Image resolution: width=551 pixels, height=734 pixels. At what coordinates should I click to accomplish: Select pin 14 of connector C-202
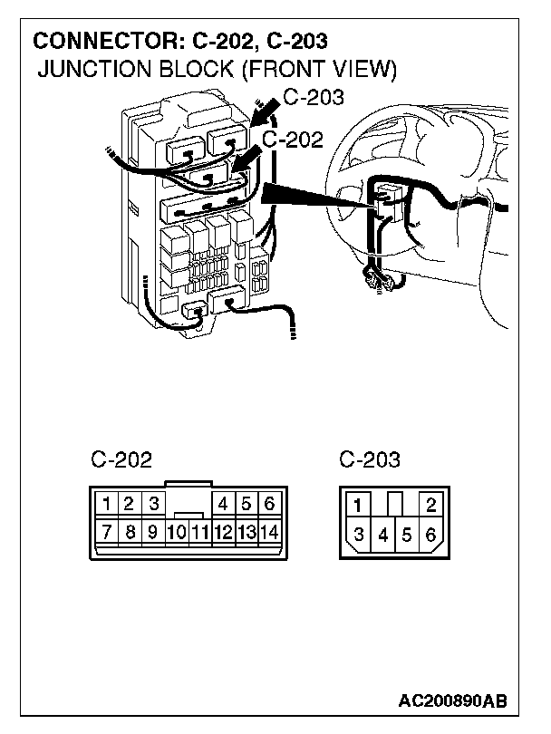click(269, 532)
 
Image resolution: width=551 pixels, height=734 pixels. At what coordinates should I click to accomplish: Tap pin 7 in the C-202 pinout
click(107, 532)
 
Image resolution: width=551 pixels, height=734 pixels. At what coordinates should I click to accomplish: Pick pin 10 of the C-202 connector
click(178, 532)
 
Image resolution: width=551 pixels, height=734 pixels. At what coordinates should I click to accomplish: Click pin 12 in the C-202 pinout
click(223, 532)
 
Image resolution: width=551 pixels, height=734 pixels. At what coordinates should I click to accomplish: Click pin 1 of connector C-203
click(360, 506)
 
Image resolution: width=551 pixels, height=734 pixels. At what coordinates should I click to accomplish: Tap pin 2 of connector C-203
click(430, 506)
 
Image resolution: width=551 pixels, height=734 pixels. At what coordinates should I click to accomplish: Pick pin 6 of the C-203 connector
click(430, 535)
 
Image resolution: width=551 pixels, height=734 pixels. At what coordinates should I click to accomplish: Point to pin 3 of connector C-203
click(360, 535)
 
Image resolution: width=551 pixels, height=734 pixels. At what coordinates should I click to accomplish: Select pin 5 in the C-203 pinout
click(407, 535)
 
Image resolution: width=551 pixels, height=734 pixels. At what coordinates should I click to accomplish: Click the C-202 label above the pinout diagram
click(121, 460)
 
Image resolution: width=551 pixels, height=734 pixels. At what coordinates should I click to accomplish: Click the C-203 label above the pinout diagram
click(370, 460)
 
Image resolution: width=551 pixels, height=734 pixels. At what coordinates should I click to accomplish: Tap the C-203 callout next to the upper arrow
click(314, 98)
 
